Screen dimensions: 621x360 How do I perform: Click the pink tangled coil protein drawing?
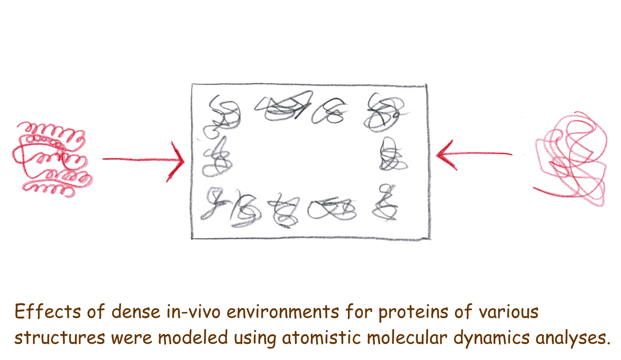[x=571, y=160]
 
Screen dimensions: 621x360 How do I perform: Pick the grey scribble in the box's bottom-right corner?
[x=385, y=202]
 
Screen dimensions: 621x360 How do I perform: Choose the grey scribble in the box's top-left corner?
[x=222, y=116]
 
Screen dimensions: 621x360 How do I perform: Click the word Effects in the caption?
[x=48, y=312]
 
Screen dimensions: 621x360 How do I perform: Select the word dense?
[x=136, y=312]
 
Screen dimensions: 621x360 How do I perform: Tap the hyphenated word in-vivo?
[x=193, y=312]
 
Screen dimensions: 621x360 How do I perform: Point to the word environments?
[x=283, y=312]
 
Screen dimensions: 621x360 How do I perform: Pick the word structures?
[x=60, y=337]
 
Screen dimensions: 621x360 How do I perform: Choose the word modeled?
[x=193, y=337]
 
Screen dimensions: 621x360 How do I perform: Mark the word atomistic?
[x=321, y=337]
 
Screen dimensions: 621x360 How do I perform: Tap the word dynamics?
[x=491, y=338]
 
